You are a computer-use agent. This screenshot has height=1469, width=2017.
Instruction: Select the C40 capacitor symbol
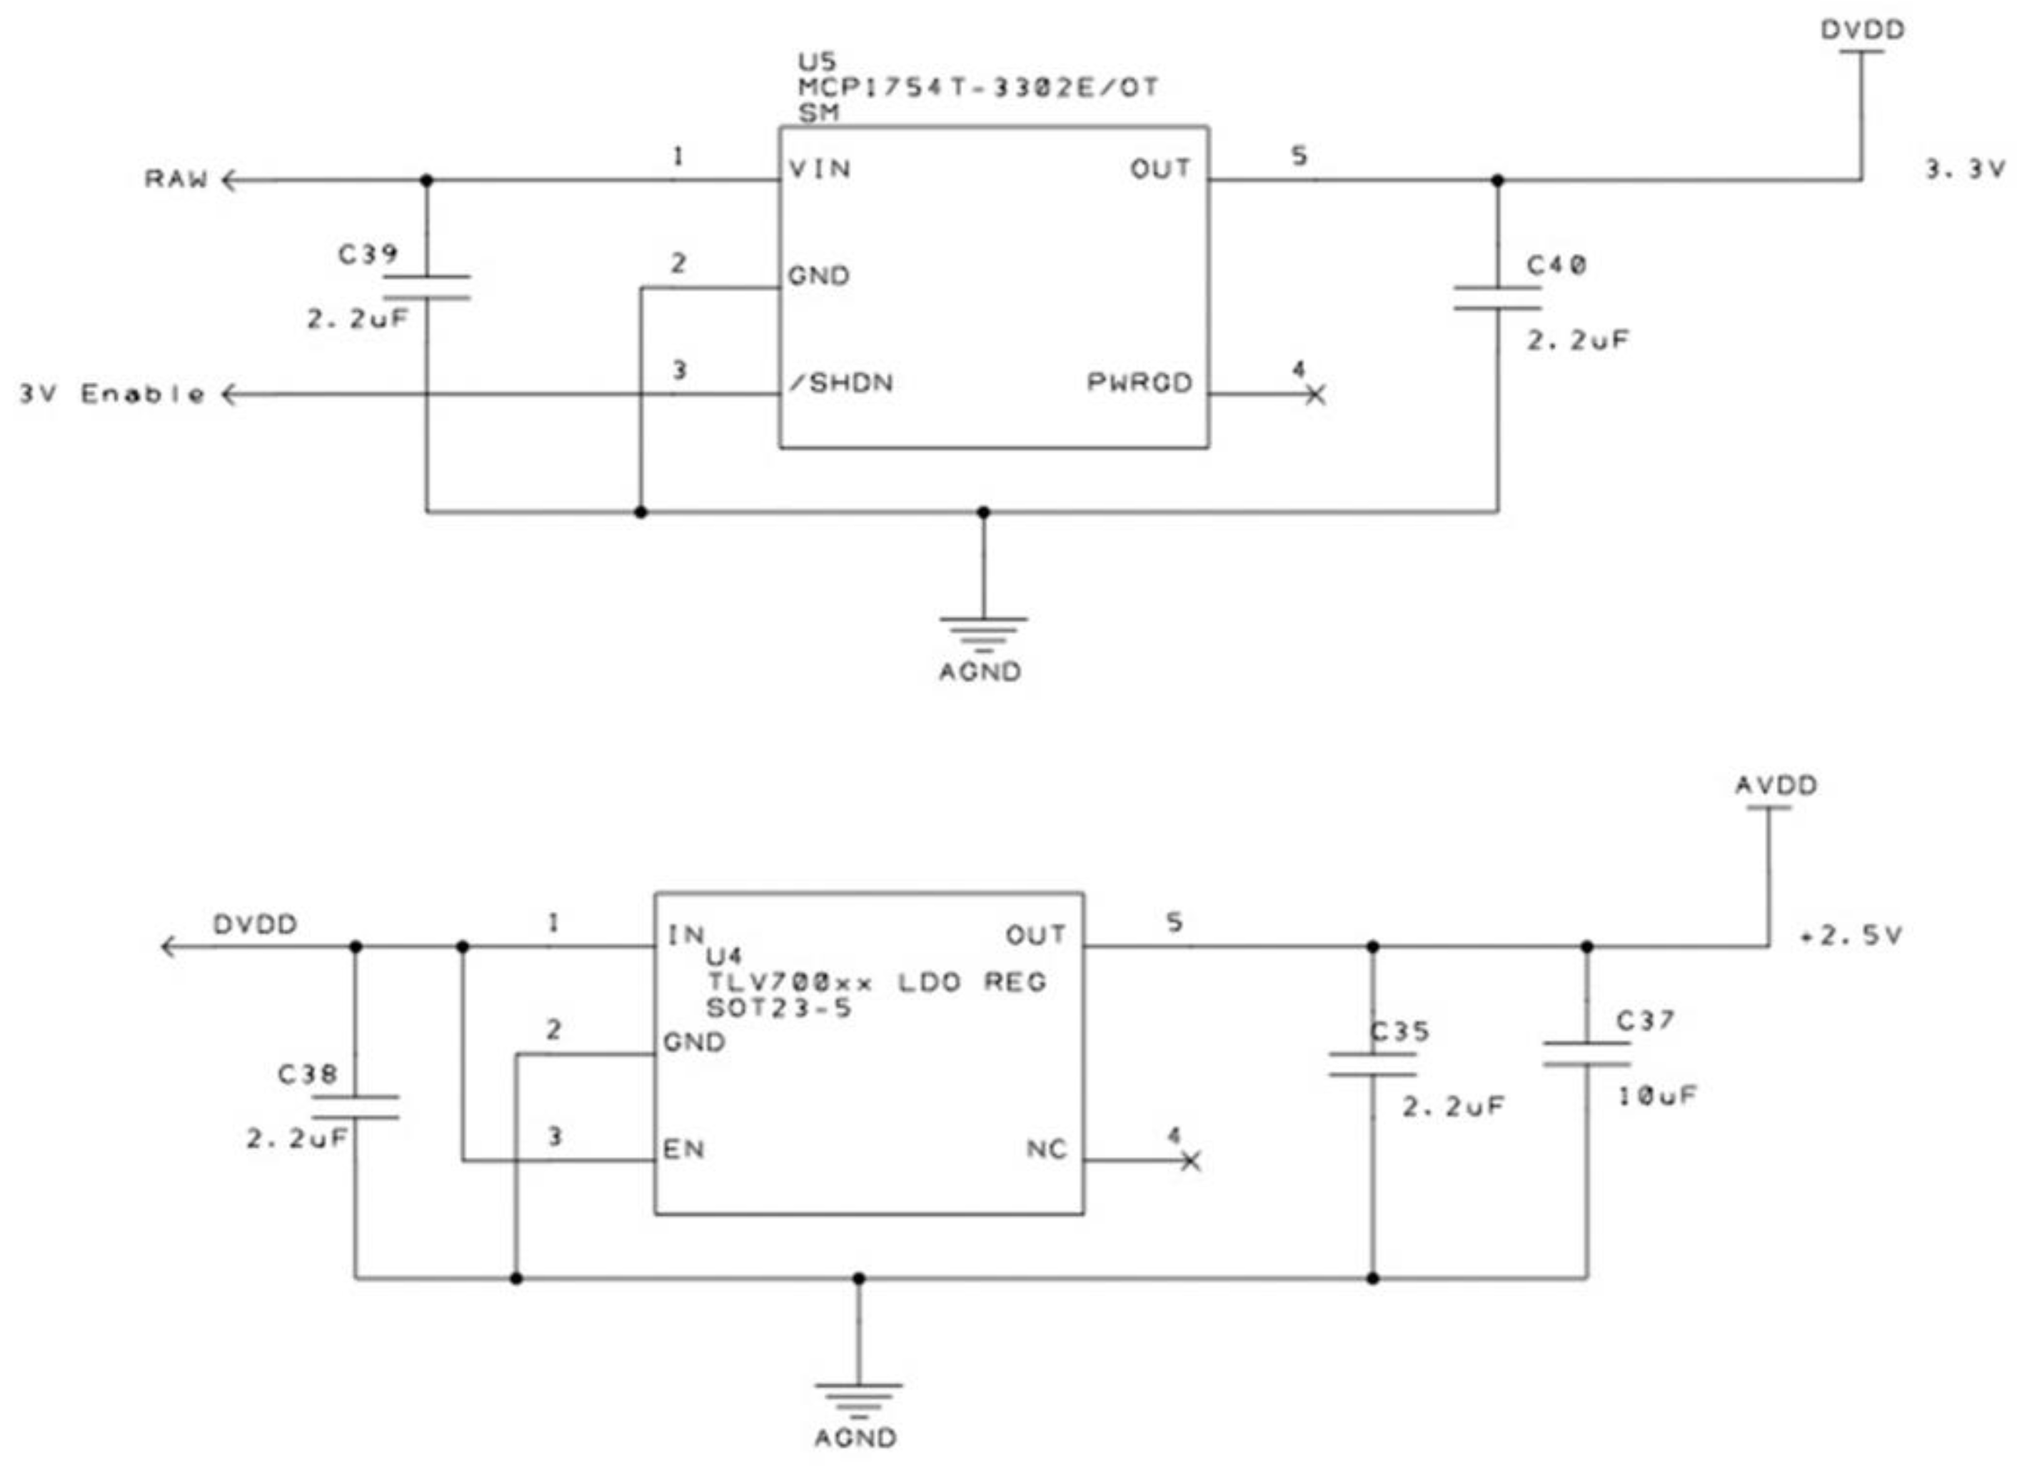(x=1497, y=298)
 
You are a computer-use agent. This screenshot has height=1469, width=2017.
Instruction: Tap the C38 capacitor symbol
(x=355, y=1107)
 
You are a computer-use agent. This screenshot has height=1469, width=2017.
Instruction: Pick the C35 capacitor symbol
(x=1372, y=1064)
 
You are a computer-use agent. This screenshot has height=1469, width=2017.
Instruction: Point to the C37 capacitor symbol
(x=1586, y=1054)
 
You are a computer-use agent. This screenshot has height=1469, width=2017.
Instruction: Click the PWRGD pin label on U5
(x=1139, y=382)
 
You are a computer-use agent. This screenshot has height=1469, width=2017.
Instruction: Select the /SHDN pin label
(x=842, y=383)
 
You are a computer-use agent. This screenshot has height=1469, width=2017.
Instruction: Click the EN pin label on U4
(x=683, y=1150)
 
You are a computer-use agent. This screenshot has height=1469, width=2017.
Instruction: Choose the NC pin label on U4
(x=1046, y=1150)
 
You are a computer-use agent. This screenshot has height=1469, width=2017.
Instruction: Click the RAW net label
(x=176, y=179)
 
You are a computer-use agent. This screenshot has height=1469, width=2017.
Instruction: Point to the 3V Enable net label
(x=112, y=394)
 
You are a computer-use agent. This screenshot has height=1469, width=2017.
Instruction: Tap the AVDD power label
(x=1776, y=786)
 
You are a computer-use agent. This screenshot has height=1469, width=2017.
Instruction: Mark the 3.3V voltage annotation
(x=1964, y=169)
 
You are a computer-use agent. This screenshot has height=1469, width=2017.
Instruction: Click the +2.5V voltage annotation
(x=1851, y=935)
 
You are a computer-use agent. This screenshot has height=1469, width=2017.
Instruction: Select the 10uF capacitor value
(x=1656, y=1097)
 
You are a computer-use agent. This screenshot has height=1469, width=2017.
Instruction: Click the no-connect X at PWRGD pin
(x=1316, y=394)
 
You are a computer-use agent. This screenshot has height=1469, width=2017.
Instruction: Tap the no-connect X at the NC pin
(x=1192, y=1161)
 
